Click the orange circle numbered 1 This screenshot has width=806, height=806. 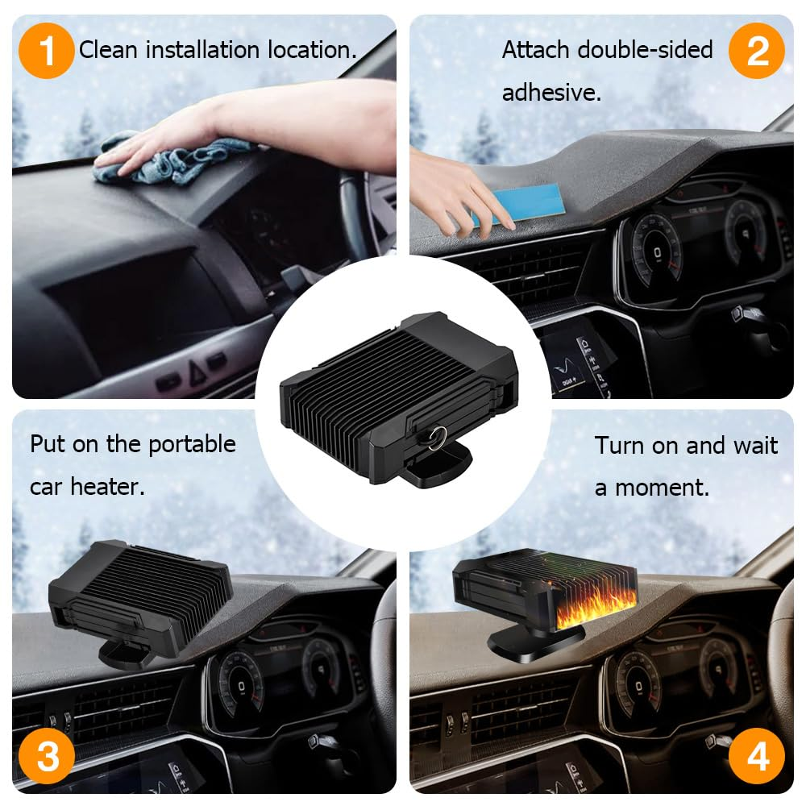pos(46,50)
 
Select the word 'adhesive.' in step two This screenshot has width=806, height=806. pos(551,93)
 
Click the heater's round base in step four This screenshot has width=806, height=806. pos(532,645)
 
